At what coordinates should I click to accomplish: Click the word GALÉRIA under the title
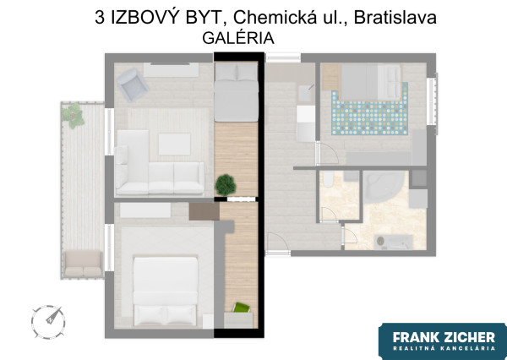238,38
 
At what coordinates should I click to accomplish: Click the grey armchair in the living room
131,81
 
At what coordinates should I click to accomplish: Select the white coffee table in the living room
173,144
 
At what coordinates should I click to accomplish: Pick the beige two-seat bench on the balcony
82,263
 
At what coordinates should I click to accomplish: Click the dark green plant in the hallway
226,183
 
